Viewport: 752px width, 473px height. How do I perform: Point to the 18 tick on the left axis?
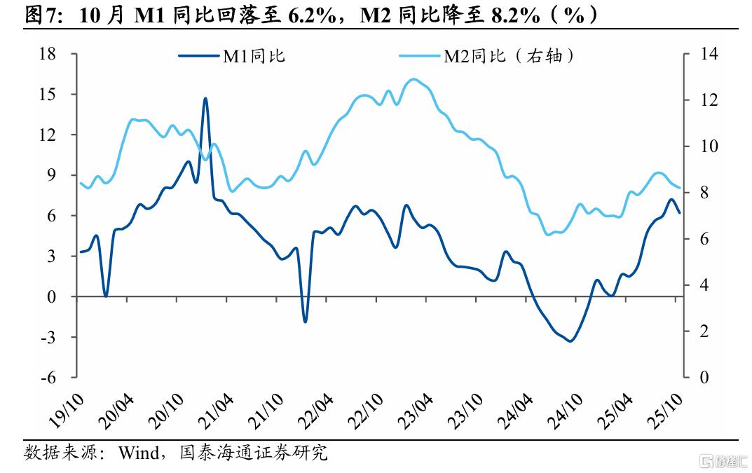(x=48, y=54)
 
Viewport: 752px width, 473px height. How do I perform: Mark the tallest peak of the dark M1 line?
(x=205, y=98)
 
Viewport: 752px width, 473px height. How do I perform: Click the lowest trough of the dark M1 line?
(x=570, y=341)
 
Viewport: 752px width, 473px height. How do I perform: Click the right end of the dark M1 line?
(x=679, y=212)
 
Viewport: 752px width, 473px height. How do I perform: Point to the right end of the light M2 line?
(x=679, y=187)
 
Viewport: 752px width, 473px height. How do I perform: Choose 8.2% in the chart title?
(x=510, y=15)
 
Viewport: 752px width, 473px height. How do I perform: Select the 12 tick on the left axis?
(x=48, y=135)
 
